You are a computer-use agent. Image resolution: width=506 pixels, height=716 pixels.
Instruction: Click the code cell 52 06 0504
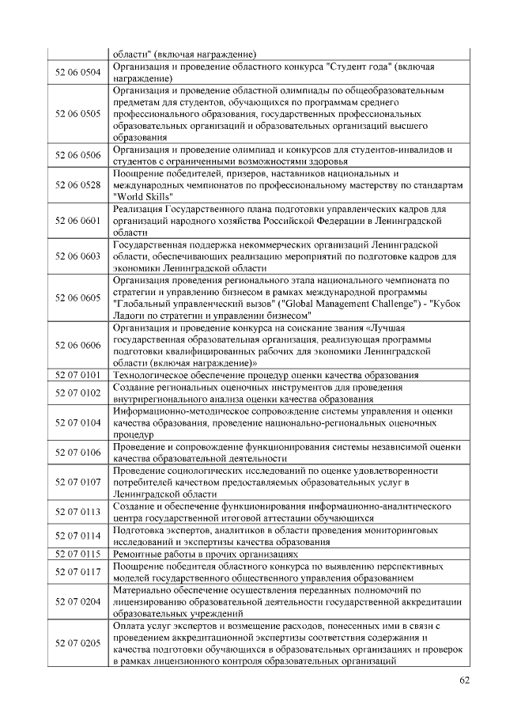click(x=78, y=73)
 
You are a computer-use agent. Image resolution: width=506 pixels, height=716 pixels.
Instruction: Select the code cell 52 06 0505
click(x=78, y=114)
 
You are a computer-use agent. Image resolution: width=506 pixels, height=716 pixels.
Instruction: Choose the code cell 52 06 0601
click(x=78, y=221)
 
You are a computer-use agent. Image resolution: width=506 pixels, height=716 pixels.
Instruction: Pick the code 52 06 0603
click(x=78, y=256)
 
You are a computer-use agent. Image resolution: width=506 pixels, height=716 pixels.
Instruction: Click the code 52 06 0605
click(x=78, y=297)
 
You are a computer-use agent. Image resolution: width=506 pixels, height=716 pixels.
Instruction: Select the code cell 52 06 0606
click(x=78, y=345)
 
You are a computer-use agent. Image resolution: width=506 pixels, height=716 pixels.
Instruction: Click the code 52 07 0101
click(x=78, y=375)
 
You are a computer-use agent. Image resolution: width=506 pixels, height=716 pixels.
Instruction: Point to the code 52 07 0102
click(x=78, y=392)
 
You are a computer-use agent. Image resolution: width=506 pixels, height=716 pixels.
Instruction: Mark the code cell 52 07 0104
click(x=78, y=423)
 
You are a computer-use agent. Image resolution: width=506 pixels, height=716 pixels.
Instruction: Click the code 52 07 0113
click(x=78, y=512)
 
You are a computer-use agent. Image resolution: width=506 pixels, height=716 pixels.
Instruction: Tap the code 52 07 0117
click(x=78, y=571)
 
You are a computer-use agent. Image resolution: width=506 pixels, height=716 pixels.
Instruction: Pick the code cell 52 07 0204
click(x=78, y=602)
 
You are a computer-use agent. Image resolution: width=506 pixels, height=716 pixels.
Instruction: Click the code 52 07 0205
click(x=78, y=643)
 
